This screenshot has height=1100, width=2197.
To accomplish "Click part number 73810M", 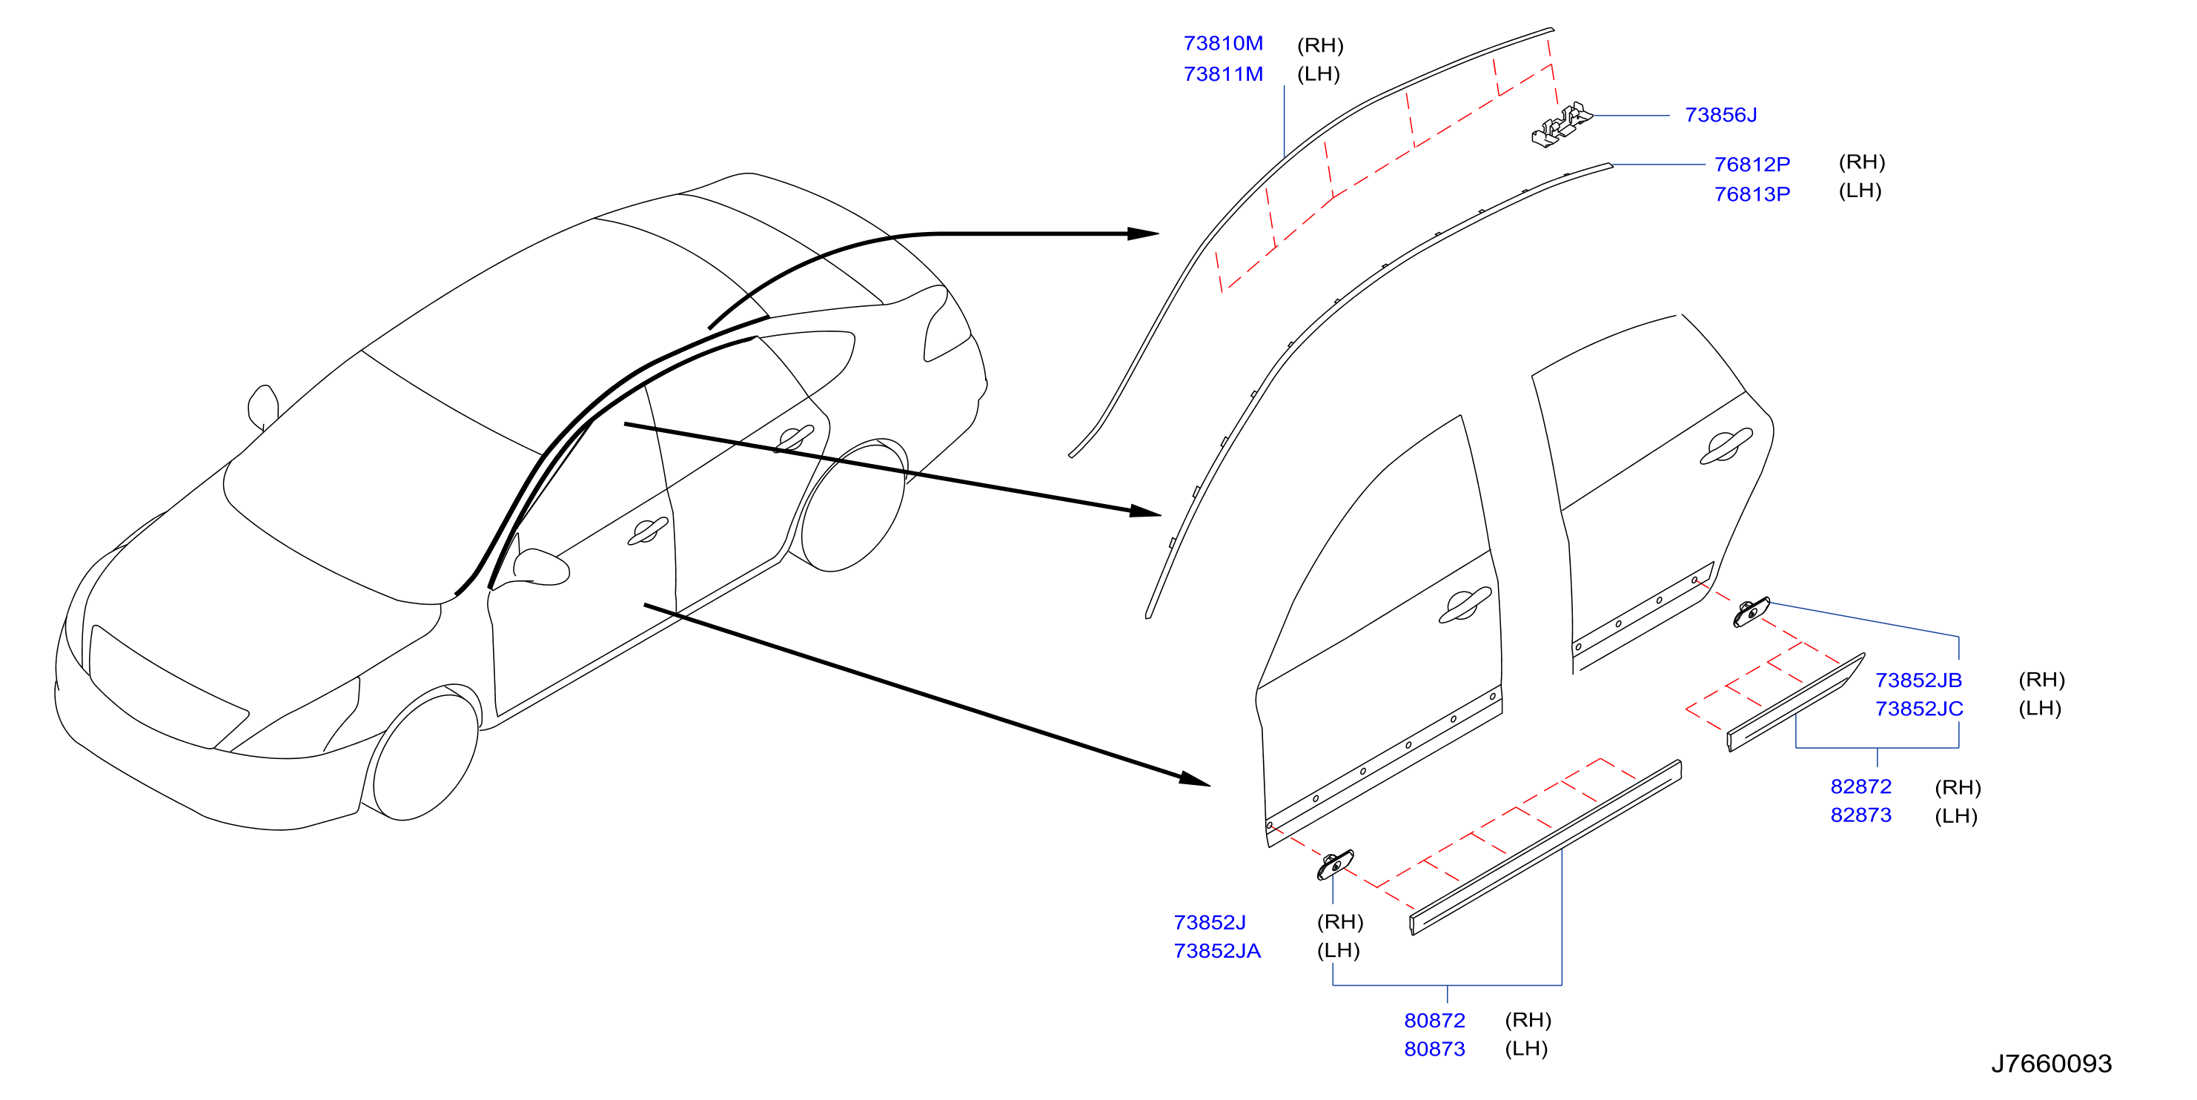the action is (1222, 44).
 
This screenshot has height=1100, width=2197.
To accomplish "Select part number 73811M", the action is (1222, 74).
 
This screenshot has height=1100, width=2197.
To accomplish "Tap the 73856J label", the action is (1720, 115).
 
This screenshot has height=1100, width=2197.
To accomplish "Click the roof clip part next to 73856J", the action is (1561, 125).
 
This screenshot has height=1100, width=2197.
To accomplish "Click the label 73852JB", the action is (1918, 680).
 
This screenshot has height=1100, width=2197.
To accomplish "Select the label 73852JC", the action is (1919, 709).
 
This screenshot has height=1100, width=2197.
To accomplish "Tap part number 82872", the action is (1861, 787).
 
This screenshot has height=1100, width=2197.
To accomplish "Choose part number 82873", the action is (1861, 815).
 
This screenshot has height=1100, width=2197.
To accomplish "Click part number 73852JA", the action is (1217, 951).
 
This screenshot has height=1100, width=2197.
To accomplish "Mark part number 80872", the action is (1434, 1021).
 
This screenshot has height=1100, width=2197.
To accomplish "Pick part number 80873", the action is (1434, 1049).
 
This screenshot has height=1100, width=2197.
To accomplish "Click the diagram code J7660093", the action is (2051, 1064).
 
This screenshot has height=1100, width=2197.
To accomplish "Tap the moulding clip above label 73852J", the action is (1335, 864).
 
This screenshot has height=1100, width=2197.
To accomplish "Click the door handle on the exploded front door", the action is (1465, 606).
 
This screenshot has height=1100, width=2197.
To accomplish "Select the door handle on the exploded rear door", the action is (1726, 446).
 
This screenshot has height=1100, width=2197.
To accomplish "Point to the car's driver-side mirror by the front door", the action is (540, 567).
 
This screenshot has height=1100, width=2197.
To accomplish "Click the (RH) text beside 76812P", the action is (1862, 162).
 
